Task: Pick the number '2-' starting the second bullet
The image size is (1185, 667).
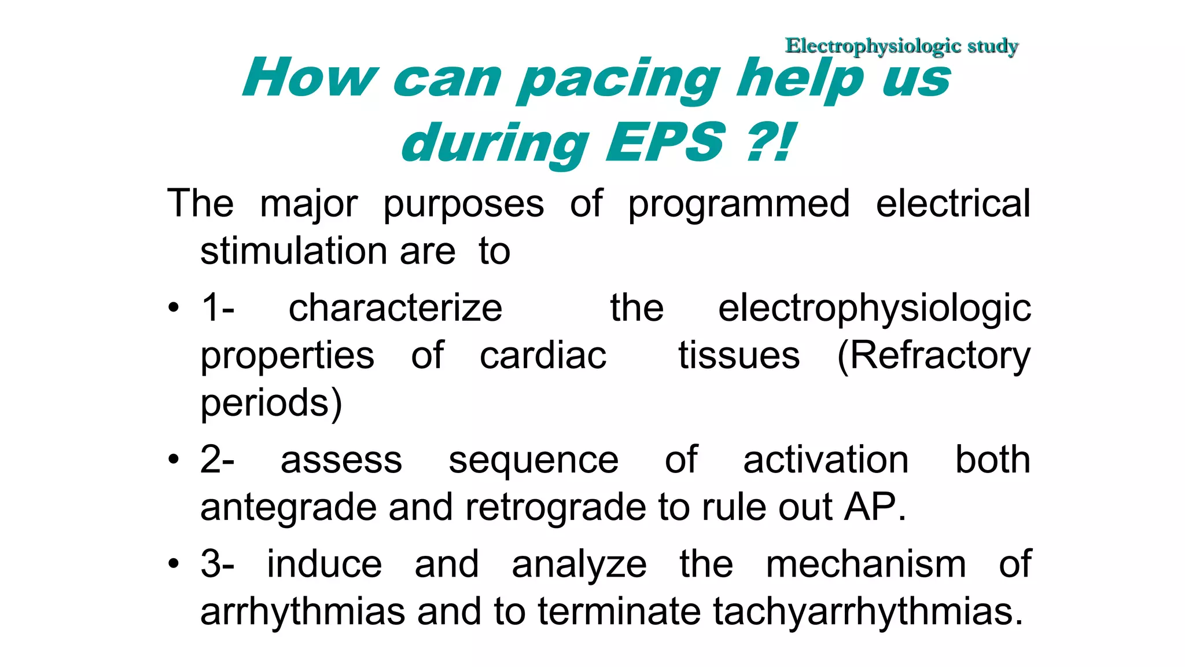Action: (217, 460)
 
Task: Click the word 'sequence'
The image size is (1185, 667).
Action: (533, 460)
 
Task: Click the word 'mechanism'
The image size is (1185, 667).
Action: (866, 564)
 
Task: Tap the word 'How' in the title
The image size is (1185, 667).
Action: (310, 79)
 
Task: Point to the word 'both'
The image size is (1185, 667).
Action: (992, 460)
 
